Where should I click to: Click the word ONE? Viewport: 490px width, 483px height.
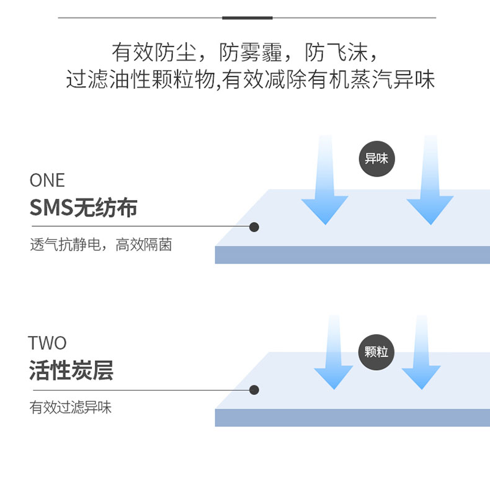click(47, 180)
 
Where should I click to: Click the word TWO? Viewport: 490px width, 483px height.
click(47, 343)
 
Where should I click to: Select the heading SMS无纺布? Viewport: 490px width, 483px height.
click(83, 208)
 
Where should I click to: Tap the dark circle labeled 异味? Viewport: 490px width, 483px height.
click(376, 159)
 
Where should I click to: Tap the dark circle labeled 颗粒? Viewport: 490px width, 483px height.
click(376, 352)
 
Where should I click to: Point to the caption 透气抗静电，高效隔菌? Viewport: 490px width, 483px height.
click(100, 245)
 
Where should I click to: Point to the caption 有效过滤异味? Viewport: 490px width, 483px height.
click(71, 407)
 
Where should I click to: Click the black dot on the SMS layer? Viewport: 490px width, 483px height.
click(254, 227)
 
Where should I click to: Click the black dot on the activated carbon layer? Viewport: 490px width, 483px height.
click(254, 390)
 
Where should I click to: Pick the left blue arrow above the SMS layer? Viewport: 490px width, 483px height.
click(324, 186)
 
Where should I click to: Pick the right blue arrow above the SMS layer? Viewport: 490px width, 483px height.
click(430, 186)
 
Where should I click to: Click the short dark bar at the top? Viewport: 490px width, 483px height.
click(247, 17)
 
